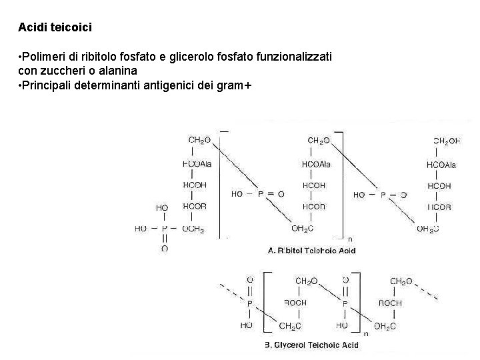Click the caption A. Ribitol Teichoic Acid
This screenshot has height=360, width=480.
coord(312,251)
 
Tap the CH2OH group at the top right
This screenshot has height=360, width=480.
coord(447,141)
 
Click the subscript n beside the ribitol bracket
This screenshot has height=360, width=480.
coord(351,238)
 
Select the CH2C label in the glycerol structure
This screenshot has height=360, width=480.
coord(290,326)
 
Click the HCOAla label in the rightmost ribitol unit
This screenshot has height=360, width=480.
coord(441,165)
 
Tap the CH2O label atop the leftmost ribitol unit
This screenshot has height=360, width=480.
coord(199,140)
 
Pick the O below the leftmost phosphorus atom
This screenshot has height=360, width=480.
coord(164,249)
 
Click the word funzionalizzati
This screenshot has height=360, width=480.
coord(297,57)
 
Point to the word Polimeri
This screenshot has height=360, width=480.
coord(43,57)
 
